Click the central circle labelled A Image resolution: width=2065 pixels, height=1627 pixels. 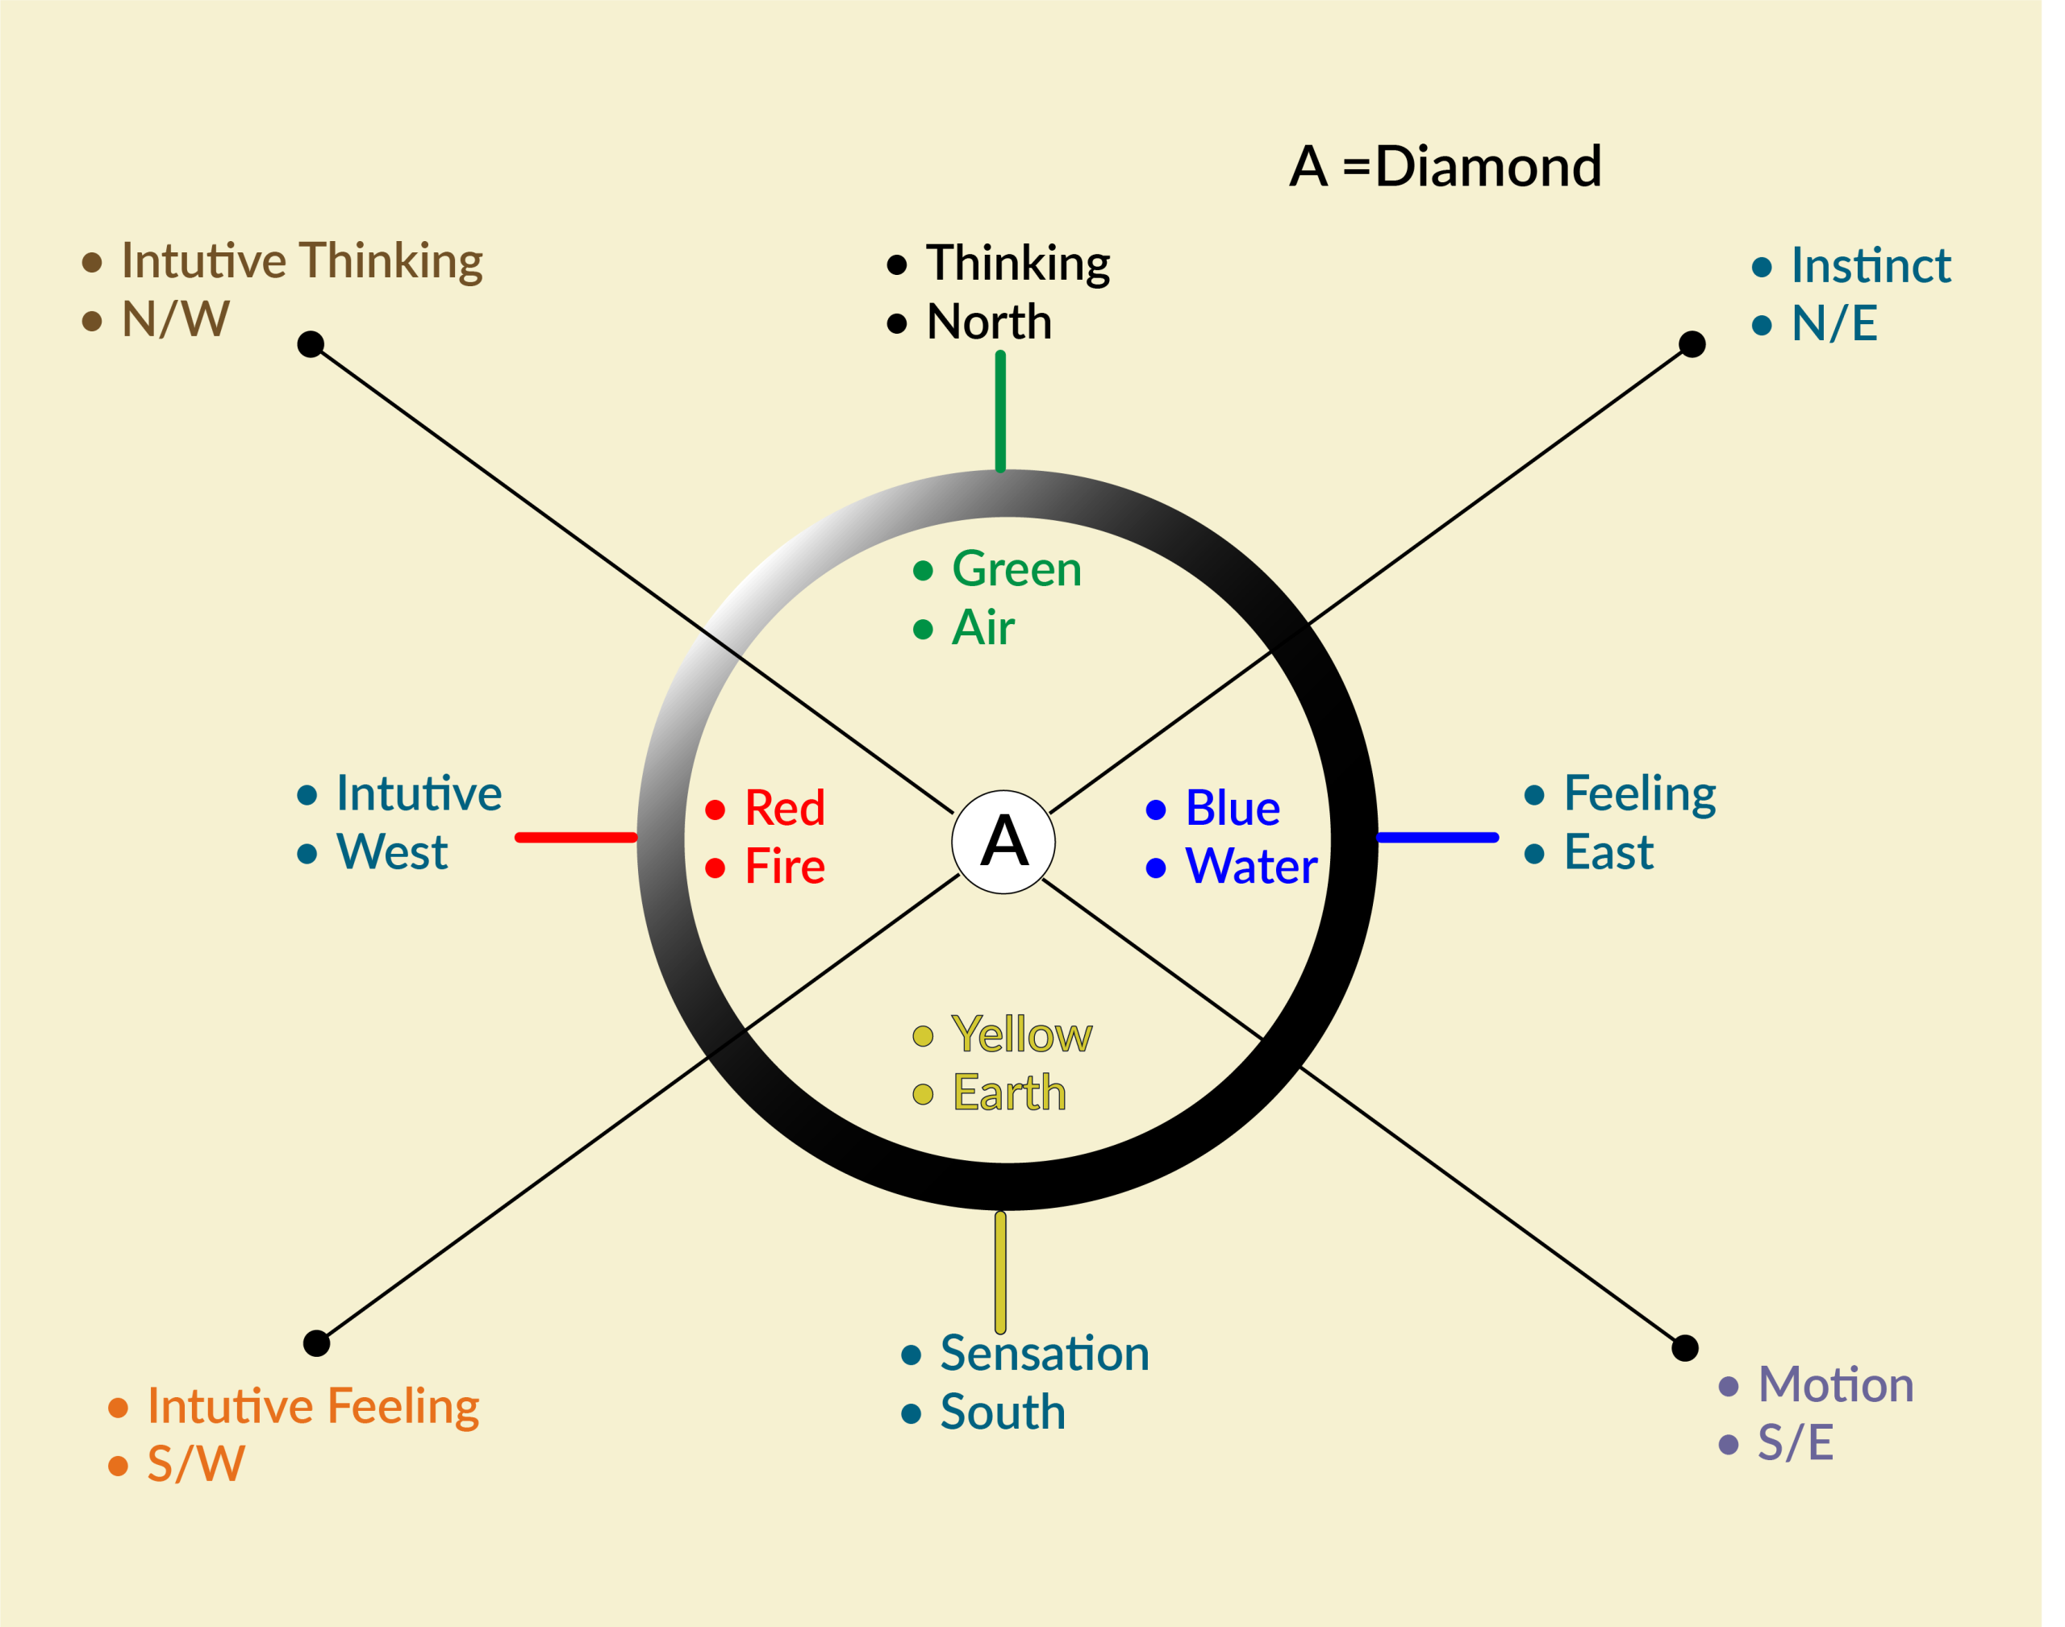(1003, 841)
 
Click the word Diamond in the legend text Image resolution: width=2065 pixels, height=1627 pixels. (1487, 167)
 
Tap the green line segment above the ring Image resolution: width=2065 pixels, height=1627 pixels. (999, 410)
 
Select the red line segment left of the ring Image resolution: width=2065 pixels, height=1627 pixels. (576, 838)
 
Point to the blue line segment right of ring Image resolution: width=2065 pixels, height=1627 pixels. (1437, 838)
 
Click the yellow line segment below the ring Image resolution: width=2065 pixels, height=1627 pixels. (999, 1271)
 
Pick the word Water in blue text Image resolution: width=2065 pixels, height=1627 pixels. (1250, 867)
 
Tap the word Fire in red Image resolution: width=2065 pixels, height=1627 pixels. (784, 867)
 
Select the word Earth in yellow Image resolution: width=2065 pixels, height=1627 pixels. (1009, 1092)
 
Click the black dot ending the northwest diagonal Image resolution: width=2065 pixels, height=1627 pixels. (311, 344)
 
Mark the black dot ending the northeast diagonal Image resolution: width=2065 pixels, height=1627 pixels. (1692, 344)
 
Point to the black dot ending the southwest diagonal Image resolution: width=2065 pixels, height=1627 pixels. (316, 1343)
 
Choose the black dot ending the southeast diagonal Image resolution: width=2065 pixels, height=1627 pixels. (1685, 1348)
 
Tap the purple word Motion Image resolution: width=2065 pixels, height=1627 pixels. (1835, 1384)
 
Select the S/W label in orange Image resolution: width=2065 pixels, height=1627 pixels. (195, 1464)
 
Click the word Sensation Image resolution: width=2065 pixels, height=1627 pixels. (1045, 1354)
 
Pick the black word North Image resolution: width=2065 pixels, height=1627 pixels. (988, 322)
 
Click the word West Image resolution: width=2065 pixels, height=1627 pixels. (392, 851)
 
